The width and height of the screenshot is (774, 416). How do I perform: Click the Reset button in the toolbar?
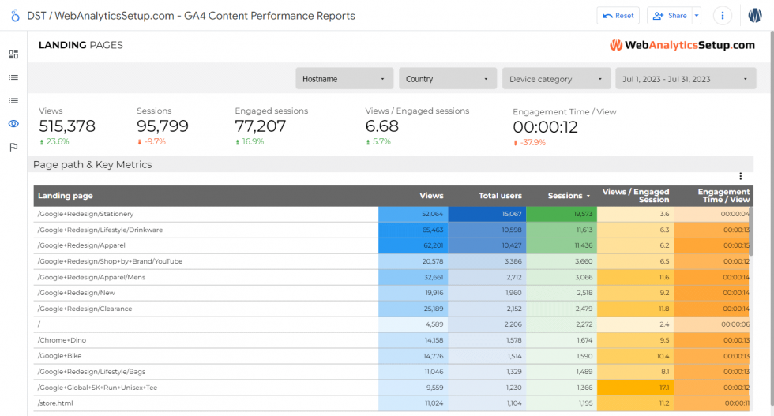[618, 16]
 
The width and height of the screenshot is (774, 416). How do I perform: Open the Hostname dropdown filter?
[344, 79]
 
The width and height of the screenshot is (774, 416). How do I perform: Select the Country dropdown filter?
[448, 79]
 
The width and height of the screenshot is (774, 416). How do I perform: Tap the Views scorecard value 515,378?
[67, 126]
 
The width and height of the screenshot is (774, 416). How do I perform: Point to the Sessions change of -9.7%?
[153, 142]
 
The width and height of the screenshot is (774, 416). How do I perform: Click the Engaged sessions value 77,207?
[261, 126]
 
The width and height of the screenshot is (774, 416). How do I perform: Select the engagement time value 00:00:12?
[545, 127]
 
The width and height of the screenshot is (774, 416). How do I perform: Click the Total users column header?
[500, 196]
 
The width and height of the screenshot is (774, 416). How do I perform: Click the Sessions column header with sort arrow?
[569, 196]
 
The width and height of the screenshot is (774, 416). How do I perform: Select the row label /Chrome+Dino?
[62, 340]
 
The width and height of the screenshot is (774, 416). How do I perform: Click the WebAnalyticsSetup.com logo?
[682, 46]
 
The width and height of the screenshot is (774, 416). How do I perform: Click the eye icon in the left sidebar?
[13, 124]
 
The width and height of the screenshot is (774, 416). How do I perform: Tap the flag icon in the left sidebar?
[13, 147]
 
